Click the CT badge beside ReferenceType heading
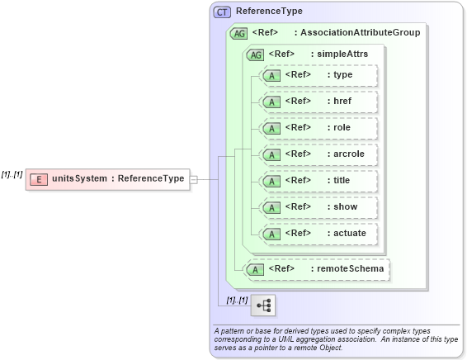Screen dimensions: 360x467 tap(223, 12)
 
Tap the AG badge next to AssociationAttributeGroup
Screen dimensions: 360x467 tap(239, 33)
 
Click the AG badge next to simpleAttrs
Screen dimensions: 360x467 tap(256, 54)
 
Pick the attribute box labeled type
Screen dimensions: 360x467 tap(318, 76)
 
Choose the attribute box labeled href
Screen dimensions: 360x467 tap(318, 102)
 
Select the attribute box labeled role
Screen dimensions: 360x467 tap(318, 129)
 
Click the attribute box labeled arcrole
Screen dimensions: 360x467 tap(318, 154)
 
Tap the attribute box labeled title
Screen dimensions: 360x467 tap(318, 181)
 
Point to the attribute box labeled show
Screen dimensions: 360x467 tap(318, 207)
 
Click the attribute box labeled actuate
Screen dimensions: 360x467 tap(318, 234)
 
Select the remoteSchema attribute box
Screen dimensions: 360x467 tap(317, 269)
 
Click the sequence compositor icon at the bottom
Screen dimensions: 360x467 tap(264, 306)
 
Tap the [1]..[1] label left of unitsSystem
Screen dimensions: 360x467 tap(12, 174)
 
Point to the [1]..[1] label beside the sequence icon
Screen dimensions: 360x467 tap(237, 300)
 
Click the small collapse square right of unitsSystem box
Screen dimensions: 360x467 tap(194, 178)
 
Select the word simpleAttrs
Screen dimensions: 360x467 tap(339, 54)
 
